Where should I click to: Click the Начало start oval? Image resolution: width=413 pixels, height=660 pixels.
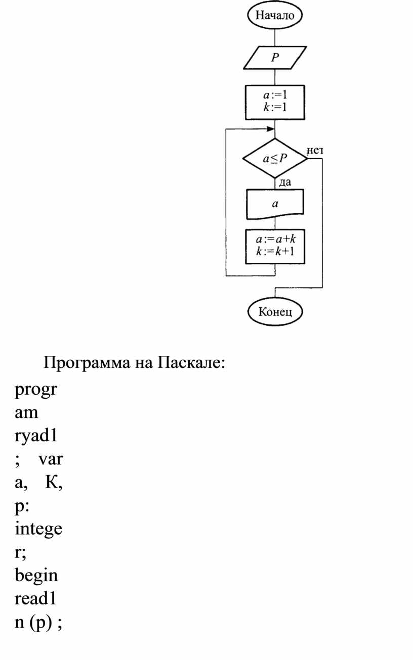coord(275,15)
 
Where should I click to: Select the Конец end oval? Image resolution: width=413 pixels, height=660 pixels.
coord(275,311)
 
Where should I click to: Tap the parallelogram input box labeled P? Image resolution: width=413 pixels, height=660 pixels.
coord(275,58)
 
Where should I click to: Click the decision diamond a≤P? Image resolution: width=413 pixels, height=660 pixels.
coord(275,158)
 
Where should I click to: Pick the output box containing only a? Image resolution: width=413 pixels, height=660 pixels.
coord(275,204)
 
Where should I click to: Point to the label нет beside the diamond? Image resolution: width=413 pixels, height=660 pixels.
coord(315,151)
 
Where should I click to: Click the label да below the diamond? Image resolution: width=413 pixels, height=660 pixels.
coord(284,182)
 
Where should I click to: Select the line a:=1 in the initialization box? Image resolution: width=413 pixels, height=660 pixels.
coord(275,95)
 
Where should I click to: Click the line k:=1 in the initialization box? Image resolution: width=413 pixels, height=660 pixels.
coord(275,107)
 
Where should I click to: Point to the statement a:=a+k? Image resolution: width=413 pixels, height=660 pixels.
coord(275,239)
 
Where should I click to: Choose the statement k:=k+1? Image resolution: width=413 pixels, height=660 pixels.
coord(275,251)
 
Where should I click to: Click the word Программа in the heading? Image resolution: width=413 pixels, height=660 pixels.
coord(87,363)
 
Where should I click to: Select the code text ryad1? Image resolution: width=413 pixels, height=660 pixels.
coord(36,436)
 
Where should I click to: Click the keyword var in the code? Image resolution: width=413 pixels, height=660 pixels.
coord(51,459)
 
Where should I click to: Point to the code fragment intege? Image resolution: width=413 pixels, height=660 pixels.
coord(38,530)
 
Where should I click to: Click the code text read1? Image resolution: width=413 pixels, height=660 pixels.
coord(35,599)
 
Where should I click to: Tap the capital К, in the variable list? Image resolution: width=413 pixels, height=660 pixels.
coord(54,482)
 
